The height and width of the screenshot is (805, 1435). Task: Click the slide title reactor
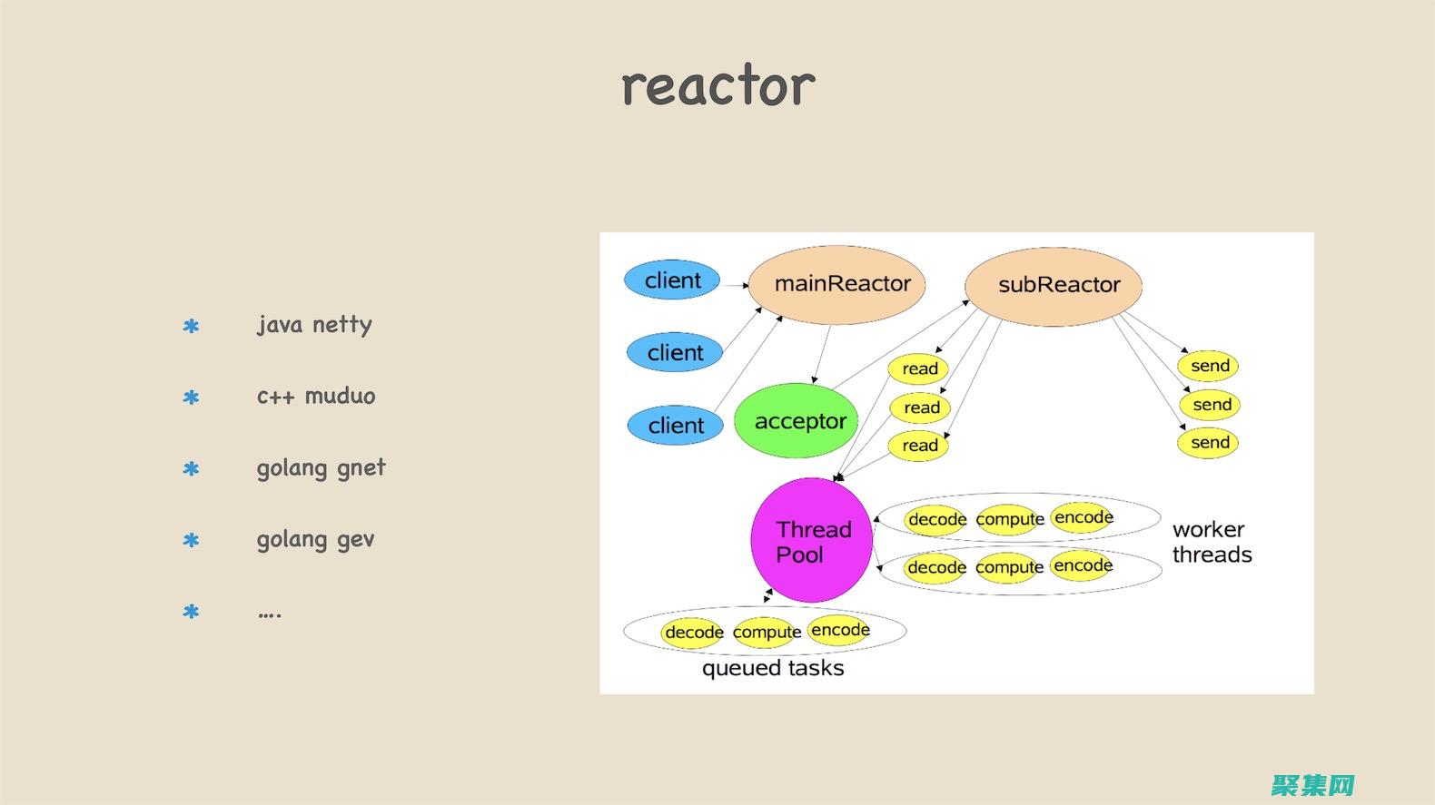[x=717, y=86]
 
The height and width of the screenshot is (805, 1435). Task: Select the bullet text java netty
[x=314, y=325]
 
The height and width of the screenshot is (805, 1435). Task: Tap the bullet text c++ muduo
[x=315, y=397]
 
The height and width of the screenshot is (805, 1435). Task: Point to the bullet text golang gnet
[x=321, y=468]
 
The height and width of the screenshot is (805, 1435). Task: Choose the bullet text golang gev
[x=315, y=540]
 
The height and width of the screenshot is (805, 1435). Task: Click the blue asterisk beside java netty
[x=191, y=327]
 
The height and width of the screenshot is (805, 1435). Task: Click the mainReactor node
[x=837, y=284]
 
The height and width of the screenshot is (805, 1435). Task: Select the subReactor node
[x=1054, y=285]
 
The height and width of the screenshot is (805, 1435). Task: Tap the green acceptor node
[x=797, y=421]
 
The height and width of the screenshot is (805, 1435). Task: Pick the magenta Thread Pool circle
[x=812, y=541]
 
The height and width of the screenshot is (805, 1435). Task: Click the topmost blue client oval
[x=672, y=280]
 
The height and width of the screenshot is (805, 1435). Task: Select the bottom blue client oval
[x=675, y=425]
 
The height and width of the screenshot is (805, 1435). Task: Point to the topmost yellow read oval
[x=919, y=368]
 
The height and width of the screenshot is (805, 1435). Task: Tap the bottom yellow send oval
[x=1209, y=443]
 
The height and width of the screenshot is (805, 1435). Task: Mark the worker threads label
[x=1212, y=542]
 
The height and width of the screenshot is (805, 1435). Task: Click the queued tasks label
[x=773, y=669]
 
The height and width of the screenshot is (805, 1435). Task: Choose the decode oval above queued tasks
[x=693, y=632]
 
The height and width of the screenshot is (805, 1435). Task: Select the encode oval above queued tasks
[x=840, y=630]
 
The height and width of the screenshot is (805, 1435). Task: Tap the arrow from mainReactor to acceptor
[x=822, y=354]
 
